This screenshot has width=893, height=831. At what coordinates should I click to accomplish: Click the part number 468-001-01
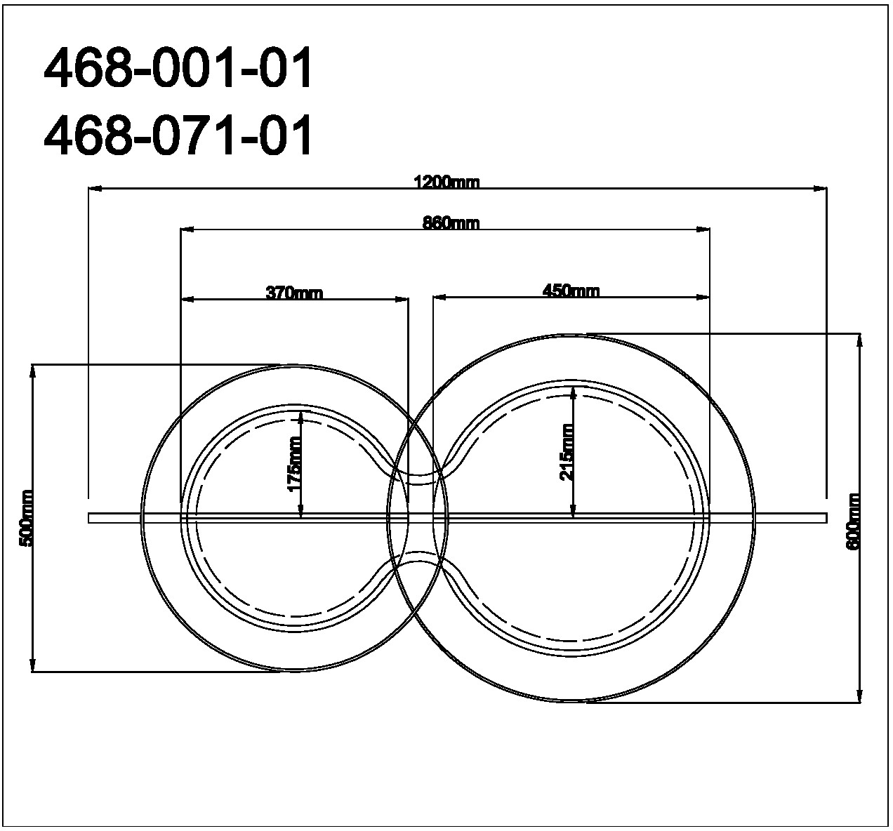click(x=178, y=68)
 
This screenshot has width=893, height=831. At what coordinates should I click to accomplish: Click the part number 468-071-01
click(x=178, y=135)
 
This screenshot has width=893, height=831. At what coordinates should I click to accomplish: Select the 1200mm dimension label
click(x=446, y=182)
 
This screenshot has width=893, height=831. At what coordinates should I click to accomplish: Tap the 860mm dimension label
click(x=451, y=223)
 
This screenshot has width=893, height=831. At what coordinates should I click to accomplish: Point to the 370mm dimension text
click(x=295, y=293)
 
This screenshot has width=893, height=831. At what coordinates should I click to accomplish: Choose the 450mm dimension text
click(x=571, y=291)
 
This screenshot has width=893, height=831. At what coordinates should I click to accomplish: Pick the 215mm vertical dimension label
click(x=567, y=453)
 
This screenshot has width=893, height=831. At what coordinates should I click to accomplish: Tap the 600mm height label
click(x=853, y=521)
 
